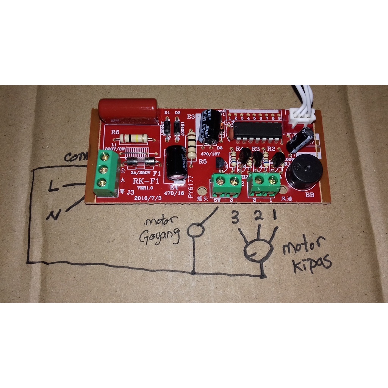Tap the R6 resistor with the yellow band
(133, 138)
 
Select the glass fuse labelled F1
(141, 162)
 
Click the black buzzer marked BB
(304, 172)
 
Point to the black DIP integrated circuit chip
(257, 130)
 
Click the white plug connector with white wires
(302, 116)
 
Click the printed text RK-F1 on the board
(145, 181)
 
